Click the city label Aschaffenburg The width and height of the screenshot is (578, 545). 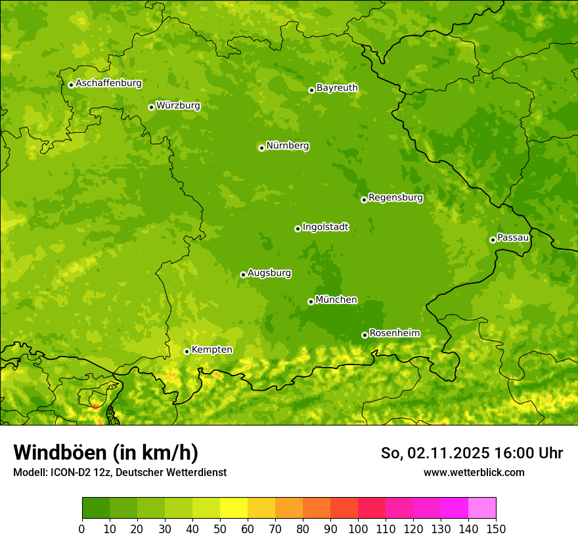[x=108, y=83]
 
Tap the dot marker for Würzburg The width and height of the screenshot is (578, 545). [x=151, y=107]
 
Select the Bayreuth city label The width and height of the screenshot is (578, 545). [x=337, y=88]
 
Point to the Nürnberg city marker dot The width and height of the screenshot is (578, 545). [x=261, y=148]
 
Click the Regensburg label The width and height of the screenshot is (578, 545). [x=395, y=198]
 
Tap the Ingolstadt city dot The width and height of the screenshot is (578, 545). [x=298, y=229]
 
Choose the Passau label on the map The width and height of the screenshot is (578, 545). [x=513, y=238]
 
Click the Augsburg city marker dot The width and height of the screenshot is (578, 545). [x=243, y=274]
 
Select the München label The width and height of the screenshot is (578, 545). [x=336, y=300]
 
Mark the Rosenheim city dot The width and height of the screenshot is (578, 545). [x=365, y=335]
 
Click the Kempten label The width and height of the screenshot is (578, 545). [x=211, y=350]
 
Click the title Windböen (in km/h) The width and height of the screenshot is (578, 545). [x=105, y=452]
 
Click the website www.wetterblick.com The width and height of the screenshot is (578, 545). [x=474, y=473]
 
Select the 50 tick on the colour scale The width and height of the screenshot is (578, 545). [x=220, y=529]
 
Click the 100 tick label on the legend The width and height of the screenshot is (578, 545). [x=358, y=529]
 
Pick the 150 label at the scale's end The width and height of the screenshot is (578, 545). [x=496, y=529]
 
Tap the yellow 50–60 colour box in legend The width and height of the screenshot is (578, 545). [x=234, y=508]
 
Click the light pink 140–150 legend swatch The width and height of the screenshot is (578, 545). [x=482, y=508]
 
